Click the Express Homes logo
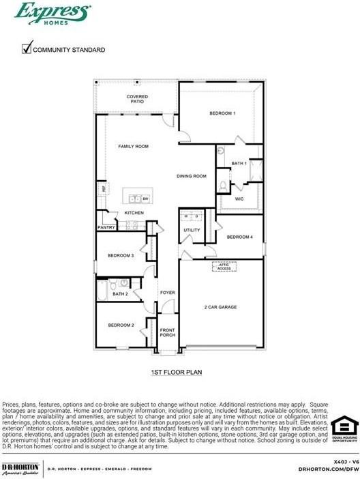point(52,13)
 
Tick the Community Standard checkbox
point(27,48)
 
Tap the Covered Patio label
point(137,100)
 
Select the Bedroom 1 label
point(222,113)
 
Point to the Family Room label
point(133,147)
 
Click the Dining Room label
point(192,176)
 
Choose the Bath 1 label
point(239,164)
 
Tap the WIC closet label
point(239,199)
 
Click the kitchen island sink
point(135,199)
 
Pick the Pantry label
point(106,227)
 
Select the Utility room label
point(192,230)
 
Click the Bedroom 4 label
point(239,237)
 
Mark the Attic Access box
point(224,267)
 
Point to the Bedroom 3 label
point(121,256)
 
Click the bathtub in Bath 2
point(102,291)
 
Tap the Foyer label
point(167,293)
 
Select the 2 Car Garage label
point(220,307)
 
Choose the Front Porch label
point(167,332)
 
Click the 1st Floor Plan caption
point(177,373)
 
